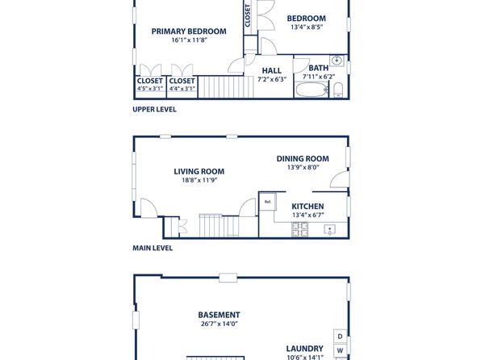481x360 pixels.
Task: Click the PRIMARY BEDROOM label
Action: click(x=189, y=31)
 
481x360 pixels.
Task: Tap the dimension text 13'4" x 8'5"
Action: click(x=307, y=27)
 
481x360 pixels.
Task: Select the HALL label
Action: click(x=272, y=70)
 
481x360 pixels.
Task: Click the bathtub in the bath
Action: click(x=312, y=90)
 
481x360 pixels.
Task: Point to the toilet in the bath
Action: click(x=338, y=90)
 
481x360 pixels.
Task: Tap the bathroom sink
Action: click(x=337, y=61)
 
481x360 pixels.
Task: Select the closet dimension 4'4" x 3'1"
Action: click(x=182, y=89)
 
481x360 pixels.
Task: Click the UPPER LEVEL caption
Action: click(x=154, y=109)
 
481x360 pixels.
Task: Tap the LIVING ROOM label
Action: click(x=199, y=171)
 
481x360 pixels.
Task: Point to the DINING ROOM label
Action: click(x=303, y=159)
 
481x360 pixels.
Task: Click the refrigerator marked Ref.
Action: click(x=268, y=202)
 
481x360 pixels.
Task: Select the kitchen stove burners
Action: click(x=299, y=229)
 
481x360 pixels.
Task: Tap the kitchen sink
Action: click(x=330, y=229)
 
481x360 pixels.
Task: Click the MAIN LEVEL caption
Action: click(x=153, y=248)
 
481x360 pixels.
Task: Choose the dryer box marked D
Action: click(x=341, y=337)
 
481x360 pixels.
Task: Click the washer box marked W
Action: click(x=341, y=350)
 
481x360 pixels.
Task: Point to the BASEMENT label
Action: click(x=219, y=315)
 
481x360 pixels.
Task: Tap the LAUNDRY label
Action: click(x=304, y=349)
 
